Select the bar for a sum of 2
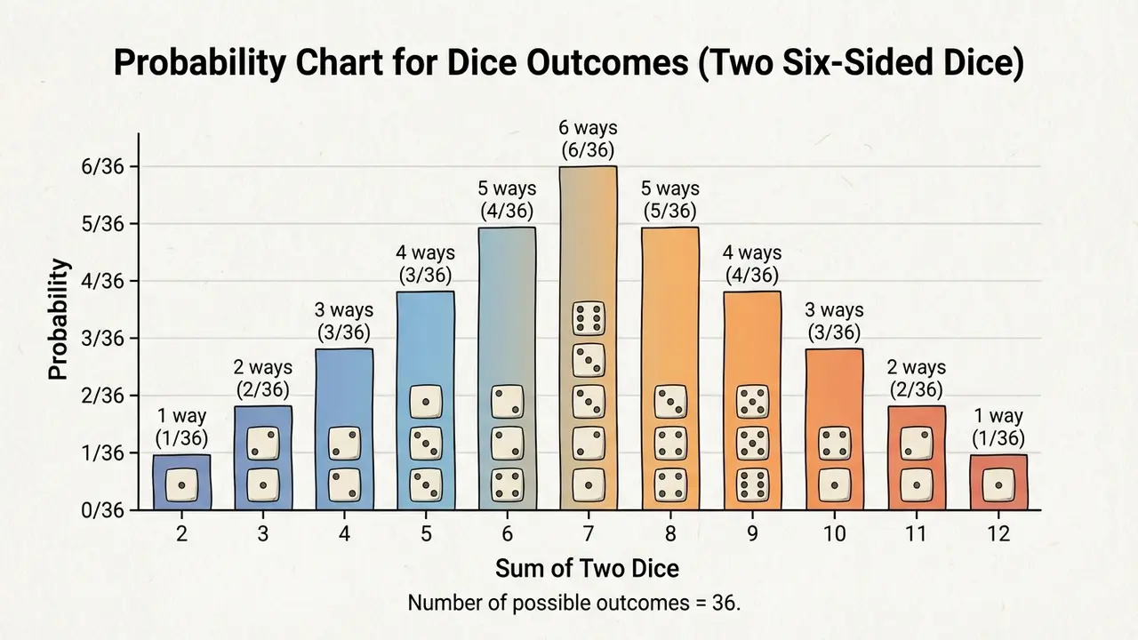click(x=181, y=482)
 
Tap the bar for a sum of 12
click(x=998, y=482)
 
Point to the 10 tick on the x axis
click(x=834, y=534)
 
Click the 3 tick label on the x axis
click(x=263, y=534)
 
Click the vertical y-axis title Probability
click(x=59, y=320)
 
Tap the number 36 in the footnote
click(x=725, y=602)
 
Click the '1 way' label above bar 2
click(x=181, y=415)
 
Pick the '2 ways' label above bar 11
click(x=916, y=367)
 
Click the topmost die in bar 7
click(x=589, y=317)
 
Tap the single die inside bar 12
click(x=998, y=485)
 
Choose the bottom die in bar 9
click(x=752, y=485)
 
